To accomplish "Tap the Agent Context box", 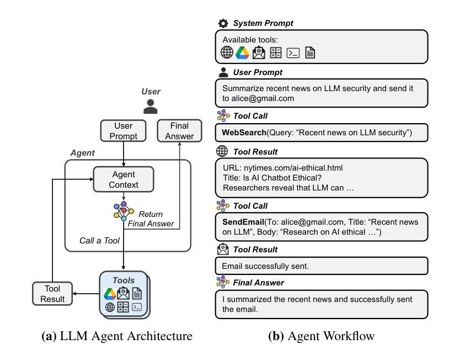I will coord(124,179).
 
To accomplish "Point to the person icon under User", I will coord(150,107).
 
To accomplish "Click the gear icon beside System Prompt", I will coord(222,23).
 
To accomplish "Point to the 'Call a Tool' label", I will coord(100,241).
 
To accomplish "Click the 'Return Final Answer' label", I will coord(151,219).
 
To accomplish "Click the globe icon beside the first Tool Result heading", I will coord(222,152).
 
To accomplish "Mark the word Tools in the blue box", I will coord(124,280).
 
